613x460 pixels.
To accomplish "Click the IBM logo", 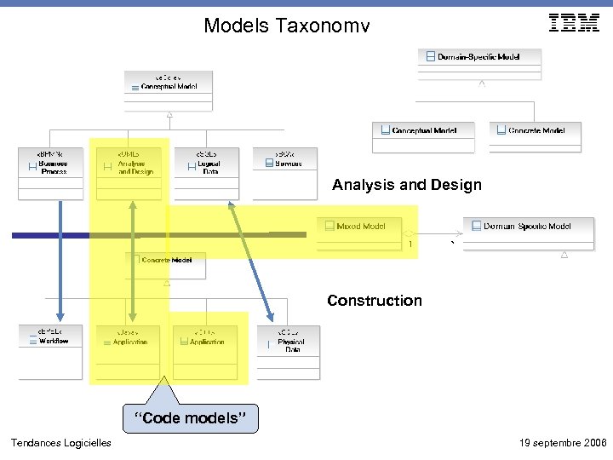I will [x=574, y=23].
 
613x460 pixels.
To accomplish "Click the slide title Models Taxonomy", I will [x=286, y=26].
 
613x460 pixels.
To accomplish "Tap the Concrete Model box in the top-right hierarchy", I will [x=535, y=135].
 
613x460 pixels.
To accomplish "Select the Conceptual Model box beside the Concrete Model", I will [x=423, y=135].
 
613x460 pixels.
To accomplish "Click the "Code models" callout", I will [x=190, y=417].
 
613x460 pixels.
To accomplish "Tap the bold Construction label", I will [x=375, y=301].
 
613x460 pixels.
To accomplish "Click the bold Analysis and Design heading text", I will [x=407, y=185].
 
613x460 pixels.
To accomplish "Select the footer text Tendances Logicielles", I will [x=60, y=443].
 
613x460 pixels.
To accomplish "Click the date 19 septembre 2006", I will [x=562, y=443].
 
